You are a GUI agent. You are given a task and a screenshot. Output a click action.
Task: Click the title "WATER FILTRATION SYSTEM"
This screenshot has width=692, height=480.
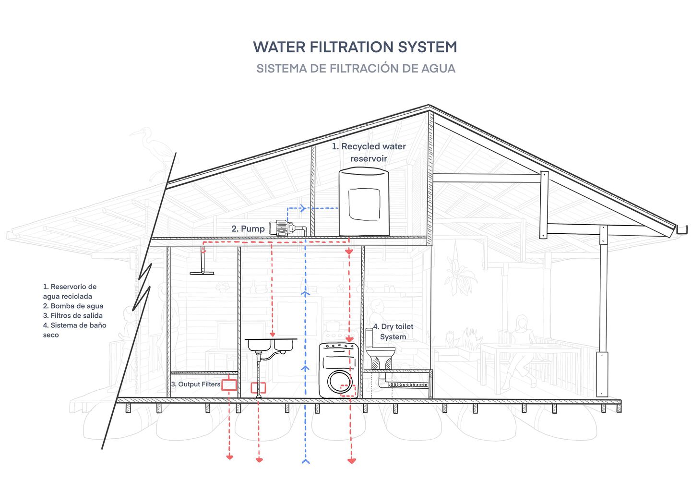click(355, 47)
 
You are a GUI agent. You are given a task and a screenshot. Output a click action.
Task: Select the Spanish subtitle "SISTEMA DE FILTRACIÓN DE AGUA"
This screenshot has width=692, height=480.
click(356, 68)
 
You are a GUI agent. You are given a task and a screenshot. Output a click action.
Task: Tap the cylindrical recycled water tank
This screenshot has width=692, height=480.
click(364, 202)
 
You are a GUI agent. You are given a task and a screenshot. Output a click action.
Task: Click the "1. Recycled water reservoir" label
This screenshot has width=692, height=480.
click(369, 152)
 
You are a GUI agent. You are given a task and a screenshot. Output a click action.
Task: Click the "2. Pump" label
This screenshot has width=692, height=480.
click(248, 229)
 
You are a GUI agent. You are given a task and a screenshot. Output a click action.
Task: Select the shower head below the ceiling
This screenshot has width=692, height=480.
click(202, 273)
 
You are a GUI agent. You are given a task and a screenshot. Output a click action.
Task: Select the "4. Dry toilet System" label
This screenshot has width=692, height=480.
click(393, 332)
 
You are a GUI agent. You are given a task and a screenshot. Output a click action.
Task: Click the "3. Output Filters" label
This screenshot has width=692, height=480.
click(195, 384)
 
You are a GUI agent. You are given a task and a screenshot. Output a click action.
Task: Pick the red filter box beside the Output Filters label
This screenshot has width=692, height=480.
click(229, 384)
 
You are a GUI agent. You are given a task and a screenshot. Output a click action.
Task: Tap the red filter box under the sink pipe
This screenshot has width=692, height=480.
click(258, 387)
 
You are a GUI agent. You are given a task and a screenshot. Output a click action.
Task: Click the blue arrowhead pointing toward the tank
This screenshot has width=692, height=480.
click(302, 208)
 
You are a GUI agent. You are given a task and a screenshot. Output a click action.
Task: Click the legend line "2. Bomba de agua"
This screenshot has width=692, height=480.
click(73, 306)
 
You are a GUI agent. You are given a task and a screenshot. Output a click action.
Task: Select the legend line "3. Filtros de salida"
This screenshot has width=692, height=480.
click(72, 315)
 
